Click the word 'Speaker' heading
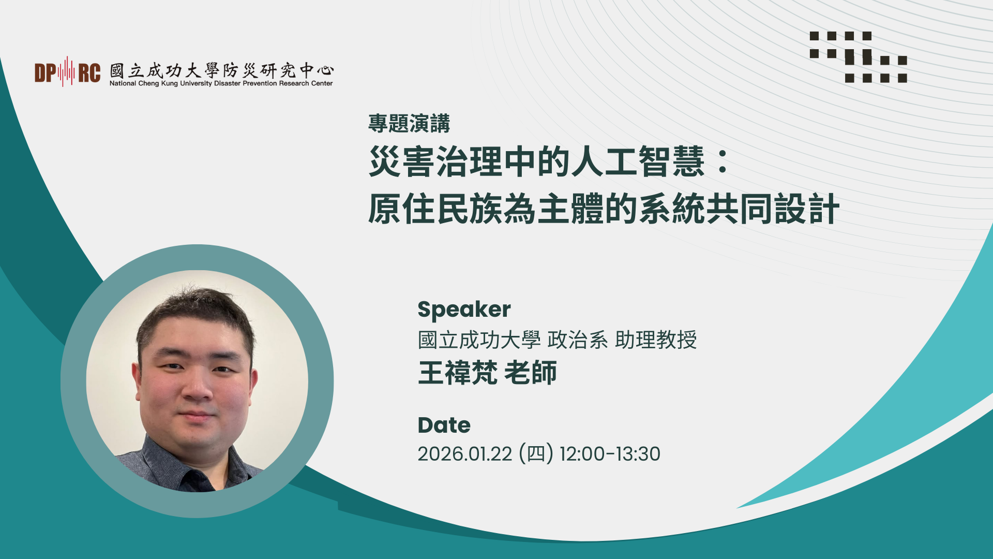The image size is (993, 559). coord(464,310)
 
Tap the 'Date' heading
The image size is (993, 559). coord(444,425)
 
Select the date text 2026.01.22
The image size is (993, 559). coord(464,454)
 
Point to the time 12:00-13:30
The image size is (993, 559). coord(610,454)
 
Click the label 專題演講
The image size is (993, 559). coord(409,123)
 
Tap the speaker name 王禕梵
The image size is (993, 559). coord(458,373)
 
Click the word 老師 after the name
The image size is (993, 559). coord(531,373)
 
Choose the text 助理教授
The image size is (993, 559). coord(656,340)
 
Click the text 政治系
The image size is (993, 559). coord(577,340)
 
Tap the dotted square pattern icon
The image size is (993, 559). coord(858,57)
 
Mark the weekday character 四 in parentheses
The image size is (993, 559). coord(536,454)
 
